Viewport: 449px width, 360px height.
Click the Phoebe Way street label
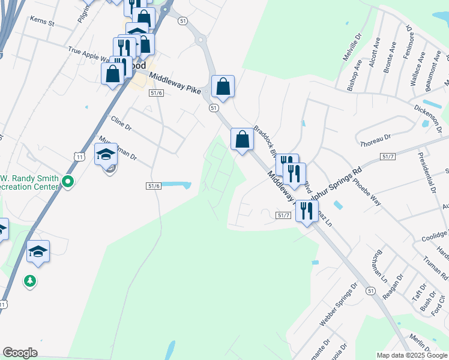tap(366, 191)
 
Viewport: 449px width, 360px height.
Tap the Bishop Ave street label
tap(355, 74)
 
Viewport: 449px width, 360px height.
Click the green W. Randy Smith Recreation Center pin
tap(68, 181)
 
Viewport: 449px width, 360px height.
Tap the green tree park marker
tap(29, 280)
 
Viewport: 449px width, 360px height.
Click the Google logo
tap(20, 353)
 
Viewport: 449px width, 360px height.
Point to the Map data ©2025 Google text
tap(411, 355)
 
